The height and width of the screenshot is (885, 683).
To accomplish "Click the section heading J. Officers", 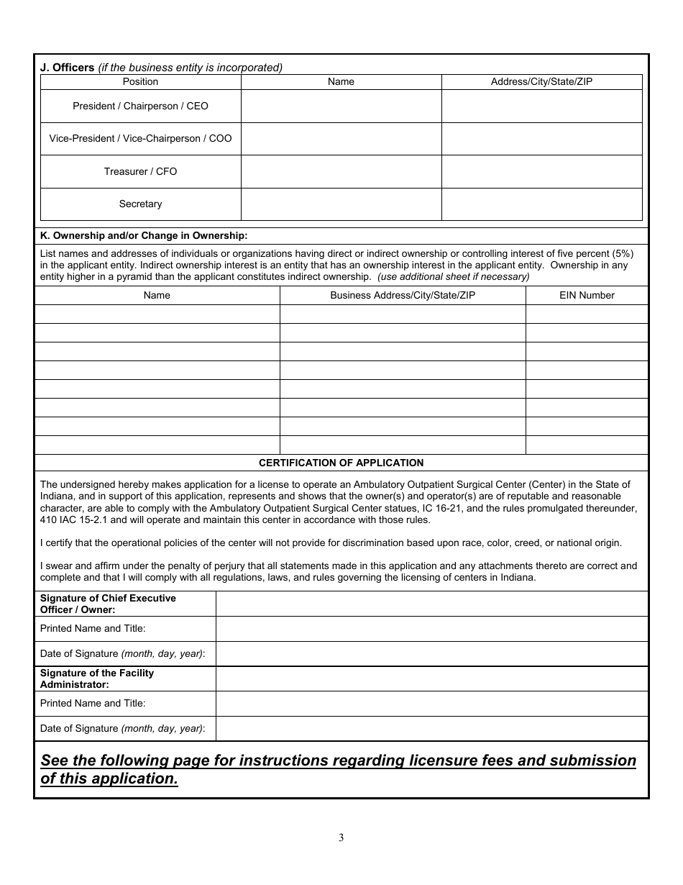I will pyautogui.click(x=67, y=68).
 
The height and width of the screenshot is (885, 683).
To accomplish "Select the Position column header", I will pyautogui.click(x=140, y=82).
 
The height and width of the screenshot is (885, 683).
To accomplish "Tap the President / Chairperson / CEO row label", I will pyautogui.click(x=140, y=106).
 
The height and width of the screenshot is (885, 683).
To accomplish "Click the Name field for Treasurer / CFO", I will pyautogui.click(x=341, y=172).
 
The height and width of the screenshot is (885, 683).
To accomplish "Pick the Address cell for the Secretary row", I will pyautogui.click(x=541, y=204).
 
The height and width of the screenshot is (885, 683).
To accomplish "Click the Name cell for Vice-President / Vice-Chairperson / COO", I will pyautogui.click(x=341, y=139).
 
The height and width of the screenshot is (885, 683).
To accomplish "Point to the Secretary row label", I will pyautogui.click(x=140, y=204).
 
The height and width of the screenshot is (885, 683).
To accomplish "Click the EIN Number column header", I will pyautogui.click(x=587, y=295).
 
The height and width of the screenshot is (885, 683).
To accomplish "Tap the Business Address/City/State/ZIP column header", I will pyautogui.click(x=403, y=295).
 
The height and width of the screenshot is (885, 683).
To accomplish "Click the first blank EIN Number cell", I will pyautogui.click(x=587, y=314).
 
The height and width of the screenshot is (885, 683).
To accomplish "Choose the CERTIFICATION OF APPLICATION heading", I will pyautogui.click(x=341, y=463).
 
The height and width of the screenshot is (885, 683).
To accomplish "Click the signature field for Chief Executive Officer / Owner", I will pyautogui.click(x=431, y=604).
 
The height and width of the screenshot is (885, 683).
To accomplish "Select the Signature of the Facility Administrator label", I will pyautogui.click(x=97, y=678).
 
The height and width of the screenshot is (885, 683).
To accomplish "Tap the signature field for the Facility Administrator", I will pyautogui.click(x=431, y=678).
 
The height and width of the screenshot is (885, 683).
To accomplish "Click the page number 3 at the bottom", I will pyautogui.click(x=341, y=838).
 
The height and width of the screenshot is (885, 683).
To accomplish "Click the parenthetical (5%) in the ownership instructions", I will pyautogui.click(x=622, y=253).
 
